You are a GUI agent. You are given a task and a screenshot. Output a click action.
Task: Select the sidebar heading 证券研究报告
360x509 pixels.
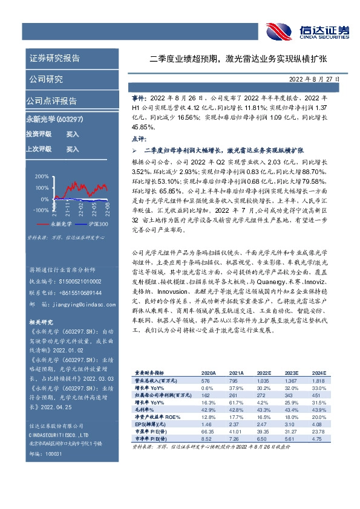(x=54, y=58)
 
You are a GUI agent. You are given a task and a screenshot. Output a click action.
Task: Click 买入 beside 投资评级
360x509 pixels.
(x=72, y=134)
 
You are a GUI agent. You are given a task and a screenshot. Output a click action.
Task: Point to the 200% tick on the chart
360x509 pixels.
(x=42, y=177)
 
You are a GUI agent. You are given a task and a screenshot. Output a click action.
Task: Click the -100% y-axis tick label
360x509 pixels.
(x=41, y=210)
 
